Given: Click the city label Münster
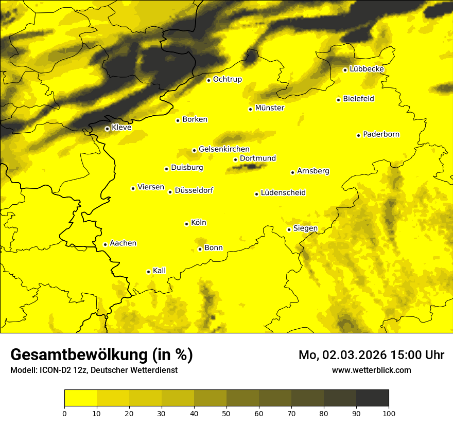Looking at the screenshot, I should pyautogui.click(x=269, y=108).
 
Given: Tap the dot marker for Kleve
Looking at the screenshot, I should pyautogui.click(x=107, y=129).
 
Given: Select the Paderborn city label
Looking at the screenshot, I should pyautogui.click(x=381, y=134).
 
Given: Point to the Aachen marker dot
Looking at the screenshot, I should pyautogui.click(x=105, y=244).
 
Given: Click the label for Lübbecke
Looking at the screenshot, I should pyautogui.click(x=367, y=69).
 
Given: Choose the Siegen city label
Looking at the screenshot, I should pyautogui.click(x=305, y=228).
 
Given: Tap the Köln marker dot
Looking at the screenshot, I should pyautogui.click(x=186, y=224).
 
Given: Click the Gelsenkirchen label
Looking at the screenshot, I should pyautogui.click(x=224, y=149).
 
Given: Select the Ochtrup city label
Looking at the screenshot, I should pyautogui.click(x=227, y=79).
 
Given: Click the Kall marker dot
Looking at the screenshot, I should pyautogui.click(x=148, y=272).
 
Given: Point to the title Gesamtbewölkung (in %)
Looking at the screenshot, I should pyautogui.click(x=101, y=355).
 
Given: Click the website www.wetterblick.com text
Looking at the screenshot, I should pyautogui.click(x=371, y=370).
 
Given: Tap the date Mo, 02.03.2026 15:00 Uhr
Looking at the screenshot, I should pyautogui.click(x=371, y=355).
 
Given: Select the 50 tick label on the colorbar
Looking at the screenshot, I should pyautogui.click(x=226, y=413).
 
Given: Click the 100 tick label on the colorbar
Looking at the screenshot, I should pyautogui.click(x=389, y=413).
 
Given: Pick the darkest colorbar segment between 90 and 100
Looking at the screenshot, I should pyautogui.click(x=372, y=398).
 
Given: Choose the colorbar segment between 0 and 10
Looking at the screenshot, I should pyautogui.click(x=80, y=398).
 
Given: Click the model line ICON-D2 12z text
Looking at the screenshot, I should pyautogui.click(x=94, y=370).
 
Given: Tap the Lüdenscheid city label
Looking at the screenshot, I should pyautogui.click(x=283, y=193).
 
